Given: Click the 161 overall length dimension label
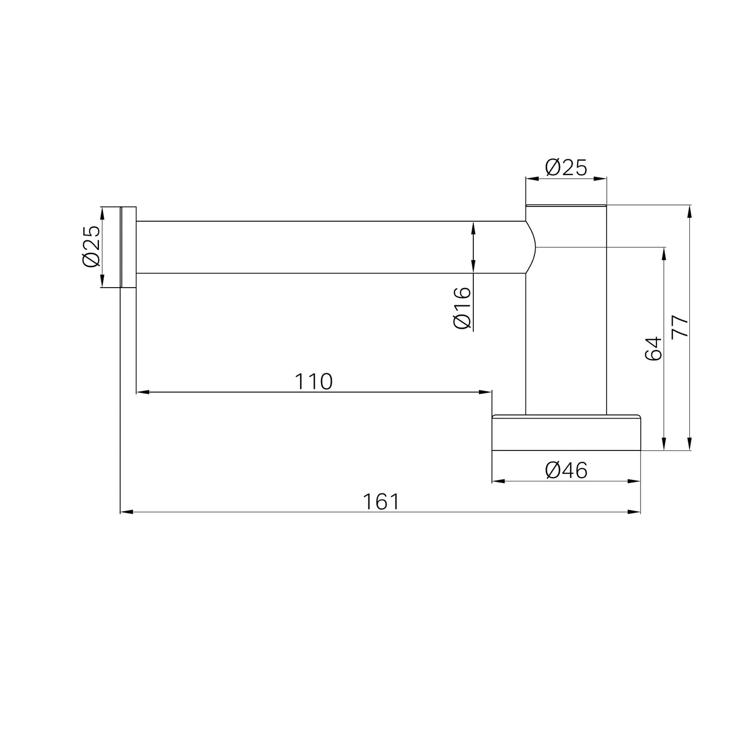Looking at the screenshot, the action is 381,502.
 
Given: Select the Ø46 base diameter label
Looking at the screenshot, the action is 566,471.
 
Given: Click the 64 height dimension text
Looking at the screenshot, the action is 653,348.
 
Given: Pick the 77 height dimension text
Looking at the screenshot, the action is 680,326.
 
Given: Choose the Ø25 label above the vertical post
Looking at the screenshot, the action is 566,168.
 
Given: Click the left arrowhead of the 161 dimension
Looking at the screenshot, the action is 127,512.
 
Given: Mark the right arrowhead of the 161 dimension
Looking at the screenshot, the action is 634,512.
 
